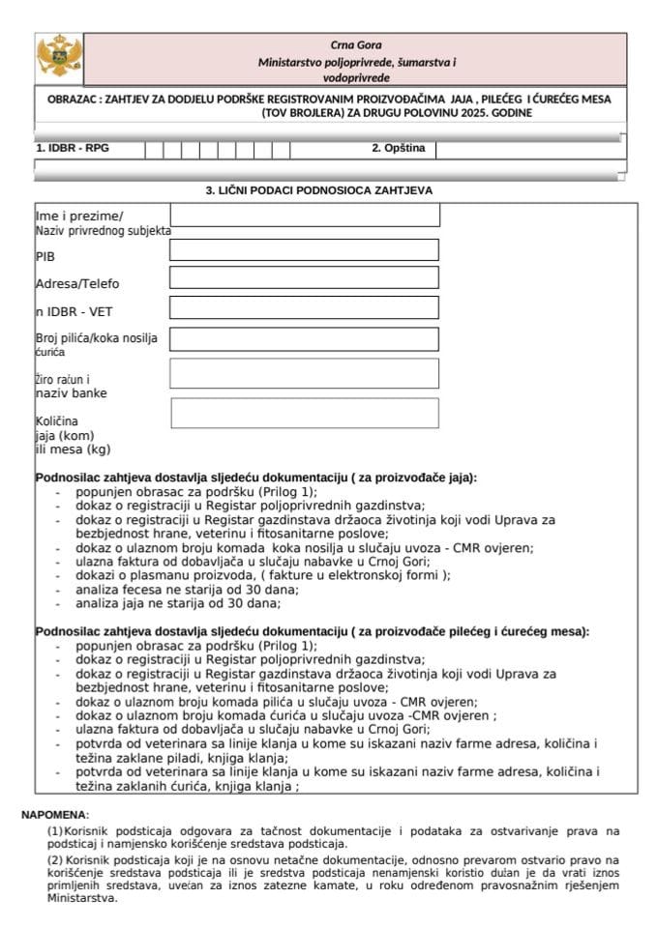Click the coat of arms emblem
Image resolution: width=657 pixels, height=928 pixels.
pos(59,57)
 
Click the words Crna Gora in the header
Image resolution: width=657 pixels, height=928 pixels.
pos(356,44)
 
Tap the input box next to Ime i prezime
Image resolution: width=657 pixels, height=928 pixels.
pos(304,215)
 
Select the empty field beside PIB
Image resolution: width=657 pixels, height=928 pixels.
pos(304,250)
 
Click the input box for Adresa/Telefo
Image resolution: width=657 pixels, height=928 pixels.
pos(304,278)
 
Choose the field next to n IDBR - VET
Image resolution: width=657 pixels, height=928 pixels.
pos(304,307)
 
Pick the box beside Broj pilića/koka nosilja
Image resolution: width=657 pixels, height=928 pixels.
pos(304,338)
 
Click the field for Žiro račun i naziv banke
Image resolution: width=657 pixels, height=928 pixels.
pos(304,373)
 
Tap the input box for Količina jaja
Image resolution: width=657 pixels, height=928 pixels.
pos(304,413)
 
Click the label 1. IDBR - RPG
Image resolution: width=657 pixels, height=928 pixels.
pos(72,150)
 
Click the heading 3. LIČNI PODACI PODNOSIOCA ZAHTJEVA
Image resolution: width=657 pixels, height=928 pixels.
pos(318,190)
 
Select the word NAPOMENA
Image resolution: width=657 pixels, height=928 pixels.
pos(54,815)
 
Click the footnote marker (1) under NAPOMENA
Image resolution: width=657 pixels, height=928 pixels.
pos(55,830)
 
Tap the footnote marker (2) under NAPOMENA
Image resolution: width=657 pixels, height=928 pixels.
pos(55,859)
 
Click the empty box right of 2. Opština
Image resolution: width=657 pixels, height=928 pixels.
pos(528,150)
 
